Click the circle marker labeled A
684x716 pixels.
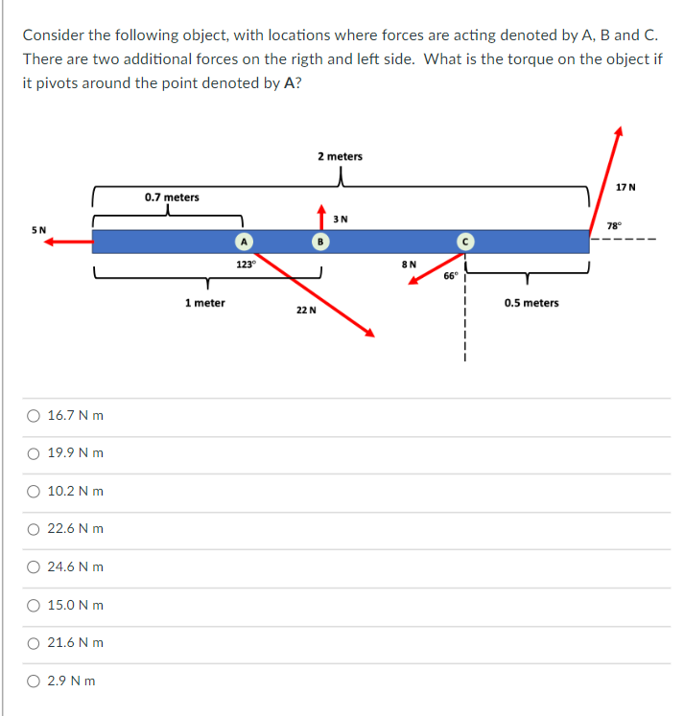click(x=245, y=241)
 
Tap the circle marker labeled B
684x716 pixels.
click(x=318, y=241)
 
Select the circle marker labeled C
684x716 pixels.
click(x=462, y=241)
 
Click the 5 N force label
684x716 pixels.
click(x=38, y=229)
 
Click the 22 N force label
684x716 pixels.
click(x=306, y=311)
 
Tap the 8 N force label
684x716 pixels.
click(x=409, y=263)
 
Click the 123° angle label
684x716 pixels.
click(x=246, y=264)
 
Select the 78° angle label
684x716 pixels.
click(x=615, y=224)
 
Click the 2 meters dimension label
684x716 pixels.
click(x=340, y=156)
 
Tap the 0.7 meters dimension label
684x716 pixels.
click(x=172, y=197)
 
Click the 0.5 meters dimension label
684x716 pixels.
click(x=531, y=303)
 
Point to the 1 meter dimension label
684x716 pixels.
click(x=204, y=303)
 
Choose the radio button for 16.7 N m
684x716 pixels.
click(x=34, y=416)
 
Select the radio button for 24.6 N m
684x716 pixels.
click(x=34, y=566)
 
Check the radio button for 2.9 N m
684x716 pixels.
click(x=34, y=681)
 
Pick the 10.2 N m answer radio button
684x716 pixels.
click(x=34, y=491)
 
